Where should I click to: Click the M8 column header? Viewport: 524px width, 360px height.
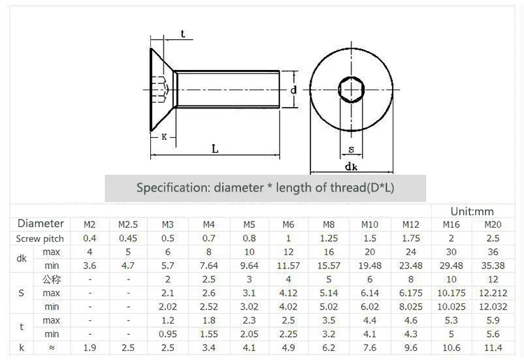point(328,224)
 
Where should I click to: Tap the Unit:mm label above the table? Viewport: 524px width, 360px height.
point(472,211)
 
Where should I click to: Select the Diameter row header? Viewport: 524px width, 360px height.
point(41,224)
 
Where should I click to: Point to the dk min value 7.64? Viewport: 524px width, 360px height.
point(208,266)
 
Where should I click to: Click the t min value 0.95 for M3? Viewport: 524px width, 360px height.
point(168,334)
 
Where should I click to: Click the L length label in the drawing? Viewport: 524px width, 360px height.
point(214,148)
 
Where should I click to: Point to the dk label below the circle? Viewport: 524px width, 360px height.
point(351,167)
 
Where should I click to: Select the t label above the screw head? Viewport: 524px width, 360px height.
point(182,34)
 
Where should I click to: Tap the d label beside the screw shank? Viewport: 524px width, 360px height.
point(294,89)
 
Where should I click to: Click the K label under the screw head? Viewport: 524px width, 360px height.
point(164,137)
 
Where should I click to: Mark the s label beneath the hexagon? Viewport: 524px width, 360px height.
point(351,148)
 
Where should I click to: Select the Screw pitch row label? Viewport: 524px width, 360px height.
point(41,238)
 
